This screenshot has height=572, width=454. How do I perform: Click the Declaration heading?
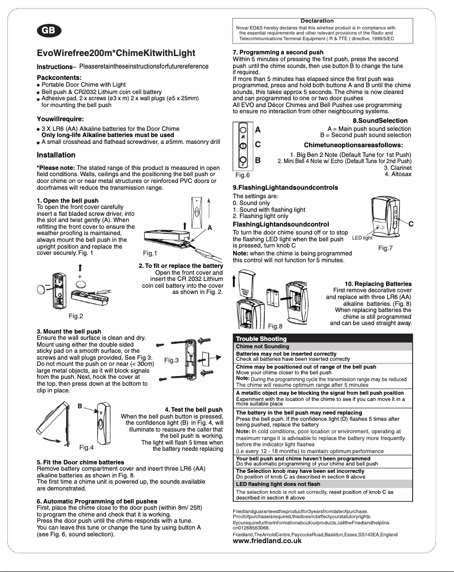317,21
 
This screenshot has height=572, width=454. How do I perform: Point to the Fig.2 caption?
76,315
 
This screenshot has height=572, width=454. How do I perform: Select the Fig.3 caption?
172,360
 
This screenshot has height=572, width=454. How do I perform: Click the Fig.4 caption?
87,447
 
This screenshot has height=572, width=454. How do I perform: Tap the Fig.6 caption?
242,175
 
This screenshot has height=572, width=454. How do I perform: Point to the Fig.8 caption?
276,326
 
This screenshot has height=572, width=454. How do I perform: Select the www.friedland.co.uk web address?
267,541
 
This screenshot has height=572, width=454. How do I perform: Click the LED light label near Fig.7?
362,238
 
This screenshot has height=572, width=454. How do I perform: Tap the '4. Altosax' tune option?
397,174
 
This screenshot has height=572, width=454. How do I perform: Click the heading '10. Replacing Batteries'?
378,283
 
